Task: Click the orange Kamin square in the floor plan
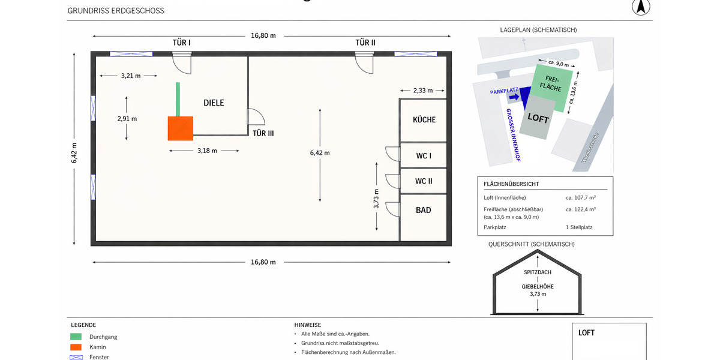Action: tap(181, 128)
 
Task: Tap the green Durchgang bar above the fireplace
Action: tap(178, 99)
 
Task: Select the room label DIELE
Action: tap(214, 103)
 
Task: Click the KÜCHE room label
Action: tap(424, 120)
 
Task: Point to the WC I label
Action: tap(424, 156)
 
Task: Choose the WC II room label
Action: tap(424, 181)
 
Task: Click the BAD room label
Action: tap(424, 211)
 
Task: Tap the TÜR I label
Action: tap(181, 43)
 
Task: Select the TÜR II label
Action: tap(365, 43)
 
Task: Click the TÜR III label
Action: tap(263, 133)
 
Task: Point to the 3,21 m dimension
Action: tap(130, 76)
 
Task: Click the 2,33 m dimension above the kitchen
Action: tap(423, 91)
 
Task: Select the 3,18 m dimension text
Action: tap(206, 151)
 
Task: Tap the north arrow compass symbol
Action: tap(641, 7)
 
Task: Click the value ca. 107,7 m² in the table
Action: tap(580, 197)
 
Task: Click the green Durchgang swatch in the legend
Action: tap(76, 337)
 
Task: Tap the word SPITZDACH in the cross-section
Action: tap(538, 272)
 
